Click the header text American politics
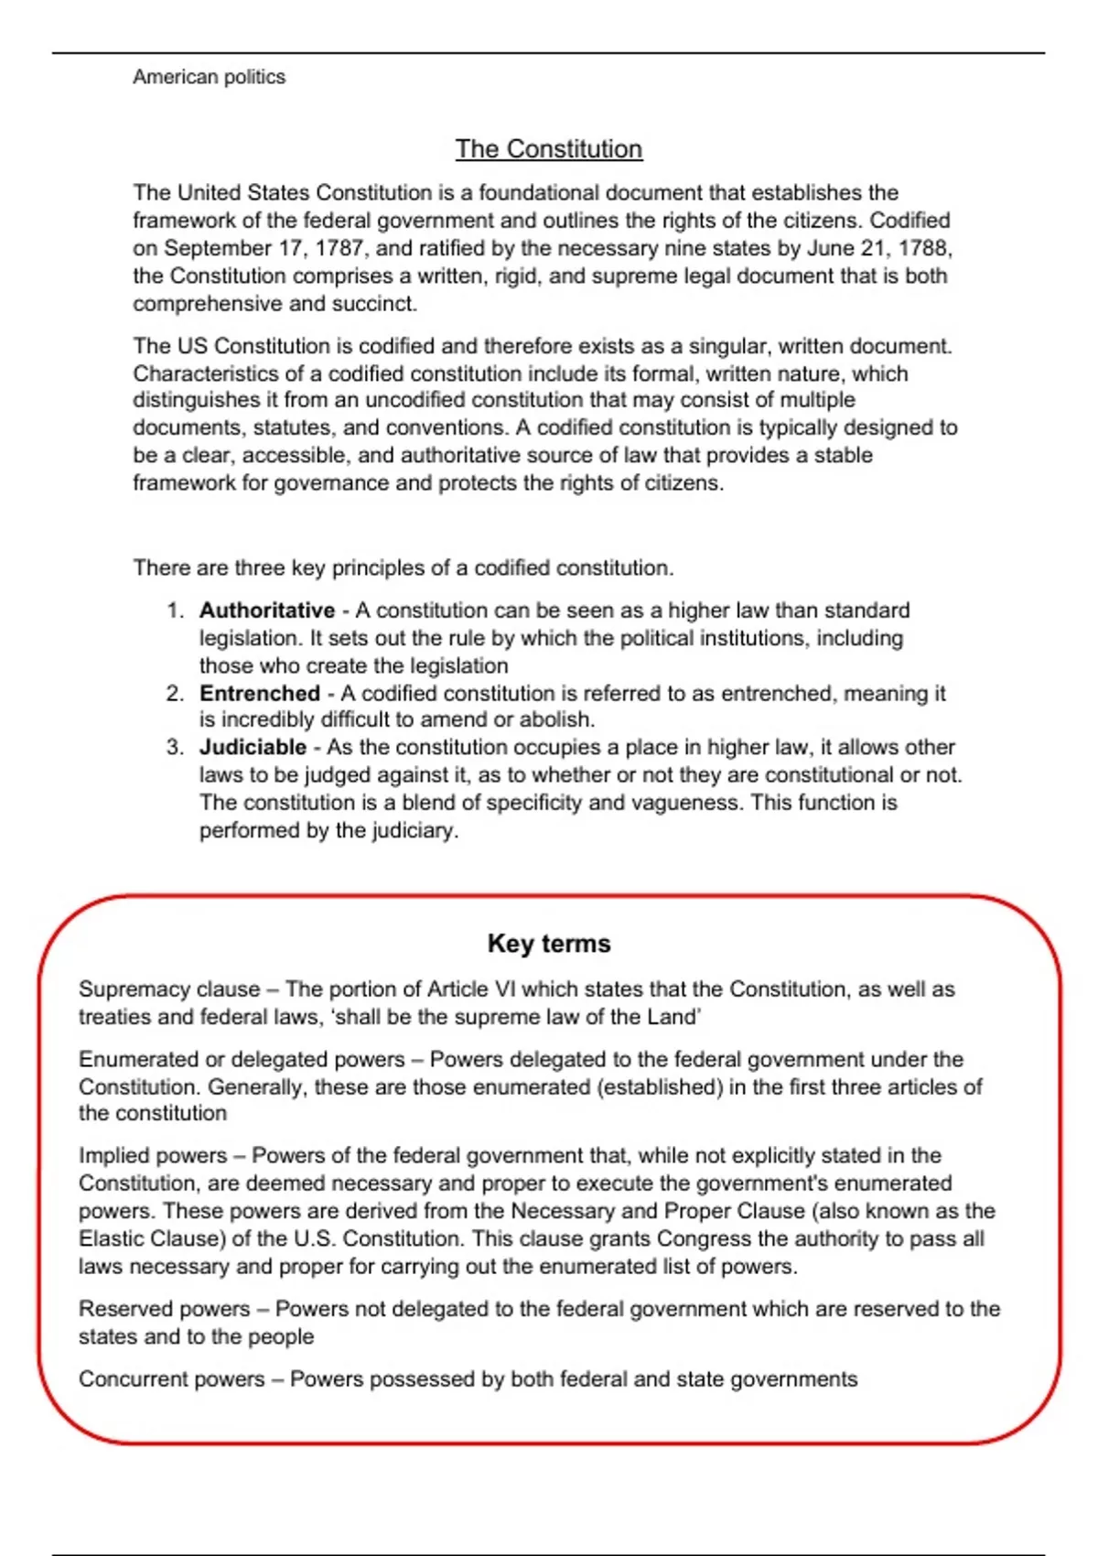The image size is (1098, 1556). point(209,77)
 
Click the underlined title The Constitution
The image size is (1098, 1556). point(549,149)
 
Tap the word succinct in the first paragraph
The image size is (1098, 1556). point(378,304)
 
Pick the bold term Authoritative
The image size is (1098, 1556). point(267,611)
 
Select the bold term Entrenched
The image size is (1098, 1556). point(260,694)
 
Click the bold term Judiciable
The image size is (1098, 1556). point(253,748)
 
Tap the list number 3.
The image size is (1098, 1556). point(175,748)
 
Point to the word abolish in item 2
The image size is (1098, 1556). point(556,720)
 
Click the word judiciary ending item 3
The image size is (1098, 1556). point(414,831)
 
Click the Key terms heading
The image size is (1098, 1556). point(549,944)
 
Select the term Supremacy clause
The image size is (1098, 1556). point(168,989)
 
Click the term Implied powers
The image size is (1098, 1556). point(152,1156)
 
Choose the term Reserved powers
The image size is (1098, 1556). point(164,1309)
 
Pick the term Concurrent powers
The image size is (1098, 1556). point(171,1379)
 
